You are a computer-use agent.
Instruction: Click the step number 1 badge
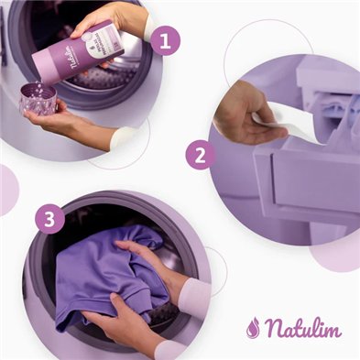point(164,41)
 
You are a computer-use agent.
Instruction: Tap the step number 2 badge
point(200,155)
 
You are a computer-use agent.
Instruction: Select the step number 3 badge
point(49,220)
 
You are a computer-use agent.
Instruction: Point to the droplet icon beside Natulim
point(253,327)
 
